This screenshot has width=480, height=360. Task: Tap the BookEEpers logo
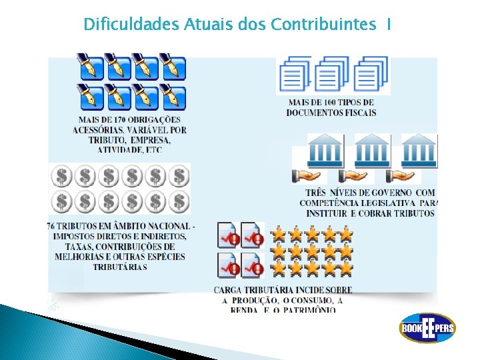[x=427, y=328]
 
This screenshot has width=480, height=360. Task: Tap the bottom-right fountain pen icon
[x=173, y=97]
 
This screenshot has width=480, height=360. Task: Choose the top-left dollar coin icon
[x=62, y=176]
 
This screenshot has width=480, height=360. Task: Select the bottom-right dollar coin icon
[x=179, y=201]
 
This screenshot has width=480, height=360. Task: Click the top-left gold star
[x=277, y=234]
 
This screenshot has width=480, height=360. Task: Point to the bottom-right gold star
[x=345, y=268]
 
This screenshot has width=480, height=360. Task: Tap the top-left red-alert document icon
[x=228, y=235]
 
